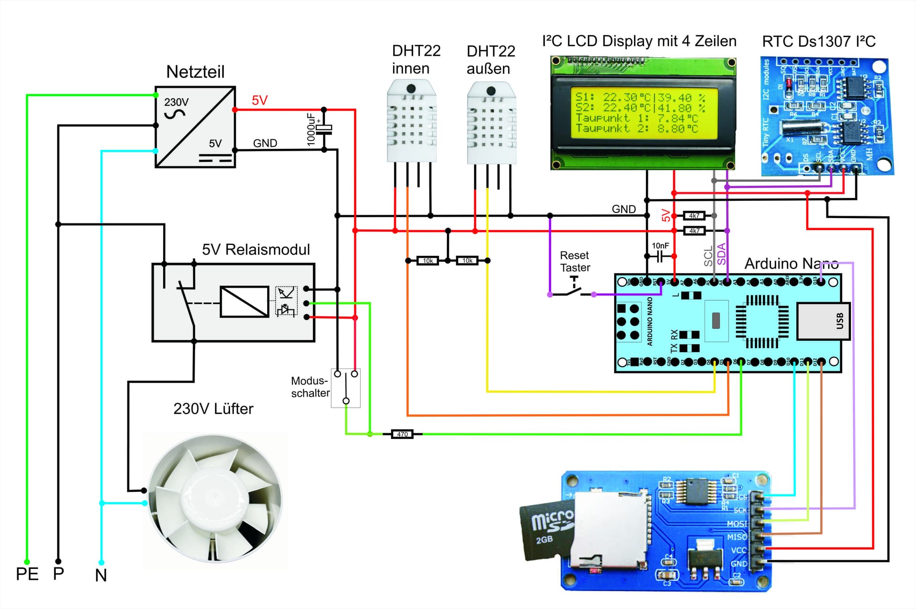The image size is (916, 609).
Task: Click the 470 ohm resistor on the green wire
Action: (x=402, y=434)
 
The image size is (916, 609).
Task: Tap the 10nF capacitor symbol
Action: (x=660, y=256)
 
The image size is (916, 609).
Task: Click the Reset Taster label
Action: (x=574, y=262)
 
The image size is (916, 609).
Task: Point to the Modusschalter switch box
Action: (x=346, y=388)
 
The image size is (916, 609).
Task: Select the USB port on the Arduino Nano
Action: (x=822, y=321)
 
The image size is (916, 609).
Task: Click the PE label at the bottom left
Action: (x=27, y=574)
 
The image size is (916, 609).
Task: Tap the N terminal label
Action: (x=101, y=576)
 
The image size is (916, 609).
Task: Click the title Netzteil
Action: (x=195, y=72)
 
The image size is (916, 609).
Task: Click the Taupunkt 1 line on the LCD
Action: (x=636, y=118)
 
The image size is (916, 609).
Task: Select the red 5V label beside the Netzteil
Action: (x=260, y=100)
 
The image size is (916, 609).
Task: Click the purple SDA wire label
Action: (x=721, y=254)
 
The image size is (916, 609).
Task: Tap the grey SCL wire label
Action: (x=708, y=256)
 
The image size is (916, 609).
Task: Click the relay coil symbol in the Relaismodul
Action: (x=244, y=302)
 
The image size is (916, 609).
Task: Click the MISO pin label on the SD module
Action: (x=737, y=537)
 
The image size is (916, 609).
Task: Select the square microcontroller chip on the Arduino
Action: (x=762, y=321)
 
